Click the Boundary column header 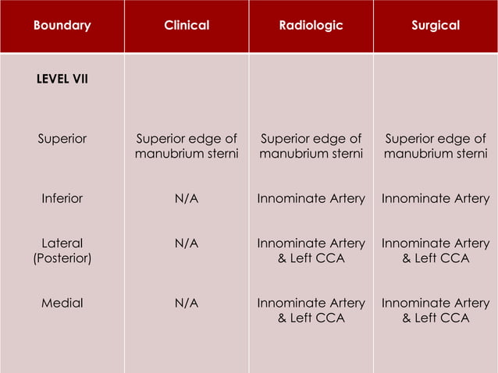pyautogui.click(x=62, y=26)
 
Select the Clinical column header pyautogui.click(x=187, y=26)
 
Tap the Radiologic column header pyautogui.click(x=311, y=26)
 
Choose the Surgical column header pyautogui.click(x=436, y=26)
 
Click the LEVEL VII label pyautogui.click(x=62, y=79)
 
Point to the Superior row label pyautogui.click(x=62, y=140)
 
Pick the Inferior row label pyautogui.click(x=62, y=199)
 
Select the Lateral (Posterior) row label pyautogui.click(x=62, y=250)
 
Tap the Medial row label pyautogui.click(x=62, y=303)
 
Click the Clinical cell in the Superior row pyautogui.click(x=187, y=147)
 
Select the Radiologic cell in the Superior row pyautogui.click(x=311, y=147)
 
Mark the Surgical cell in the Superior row pyautogui.click(x=436, y=147)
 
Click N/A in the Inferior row pyautogui.click(x=187, y=199)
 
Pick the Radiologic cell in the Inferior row pyautogui.click(x=311, y=199)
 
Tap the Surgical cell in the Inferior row pyautogui.click(x=436, y=199)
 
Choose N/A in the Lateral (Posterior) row pyautogui.click(x=187, y=243)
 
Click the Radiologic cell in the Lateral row pyautogui.click(x=311, y=250)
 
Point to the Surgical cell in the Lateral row pyautogui.click(x=436, y=250)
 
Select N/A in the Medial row pyautogui.click(x=187, y=303)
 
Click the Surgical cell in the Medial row pyautogui.click(x=436, y=310)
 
